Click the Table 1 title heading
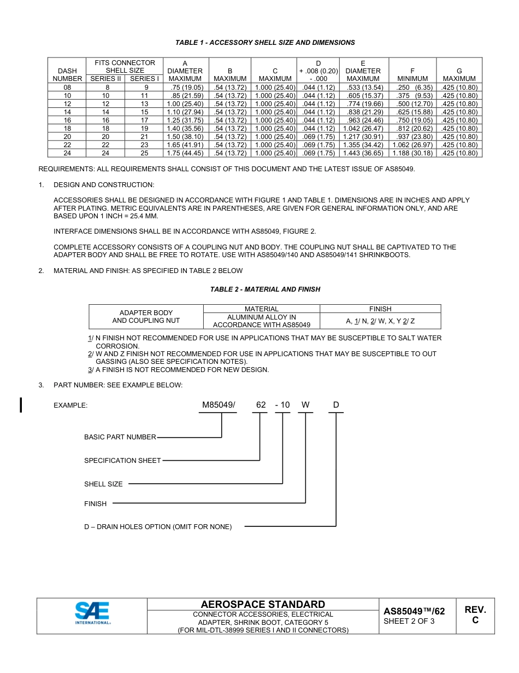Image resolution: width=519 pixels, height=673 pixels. tap(265, 43)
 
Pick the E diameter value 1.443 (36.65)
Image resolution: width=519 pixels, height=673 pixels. tap(363, 153)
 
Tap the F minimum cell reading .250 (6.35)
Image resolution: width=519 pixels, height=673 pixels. tap(412, 88)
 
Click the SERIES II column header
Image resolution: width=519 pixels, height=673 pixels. tap(105, 79)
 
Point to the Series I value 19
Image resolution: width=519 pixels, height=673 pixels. tap(144, 129)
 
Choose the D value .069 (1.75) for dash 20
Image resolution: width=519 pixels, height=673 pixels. tap(319, 137)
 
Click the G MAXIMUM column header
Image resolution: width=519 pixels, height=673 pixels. tap(459, 75)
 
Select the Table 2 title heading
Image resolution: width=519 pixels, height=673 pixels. tap(265, 289)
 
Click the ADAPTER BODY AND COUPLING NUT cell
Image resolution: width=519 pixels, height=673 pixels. tap(146, 317)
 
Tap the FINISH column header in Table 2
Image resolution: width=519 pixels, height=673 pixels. tap(380, 309)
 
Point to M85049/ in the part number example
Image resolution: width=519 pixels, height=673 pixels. tap(218, 405)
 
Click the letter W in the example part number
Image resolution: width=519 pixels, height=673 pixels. tap(305, 405)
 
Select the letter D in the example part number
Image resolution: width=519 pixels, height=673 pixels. tap(336, 405)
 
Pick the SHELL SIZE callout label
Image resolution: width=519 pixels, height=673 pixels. tap(103, 484)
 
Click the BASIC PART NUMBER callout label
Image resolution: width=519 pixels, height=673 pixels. tap(120, 437)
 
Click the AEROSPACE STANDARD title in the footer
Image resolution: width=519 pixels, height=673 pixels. tap(263, 604)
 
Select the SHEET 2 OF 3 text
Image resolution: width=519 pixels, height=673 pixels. tap(409, 621)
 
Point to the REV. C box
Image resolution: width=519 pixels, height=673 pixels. tap(475, 615)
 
